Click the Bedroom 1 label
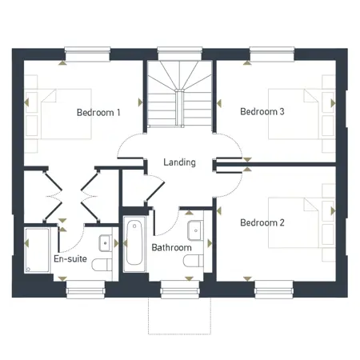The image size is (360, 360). tap(98, 113)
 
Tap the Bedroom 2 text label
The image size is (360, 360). tap(262, 222)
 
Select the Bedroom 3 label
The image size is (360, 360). tap(262, 112)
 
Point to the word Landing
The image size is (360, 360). tap(179, 162)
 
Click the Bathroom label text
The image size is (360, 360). tap(171, 248)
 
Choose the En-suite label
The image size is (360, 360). tap(70, 260)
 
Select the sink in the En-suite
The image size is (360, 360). tap(106, 242)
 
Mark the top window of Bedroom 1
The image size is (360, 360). tap(86, 54)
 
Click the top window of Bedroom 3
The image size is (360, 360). tap(272, 54)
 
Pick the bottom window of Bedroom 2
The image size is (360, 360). tap(272, 289)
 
